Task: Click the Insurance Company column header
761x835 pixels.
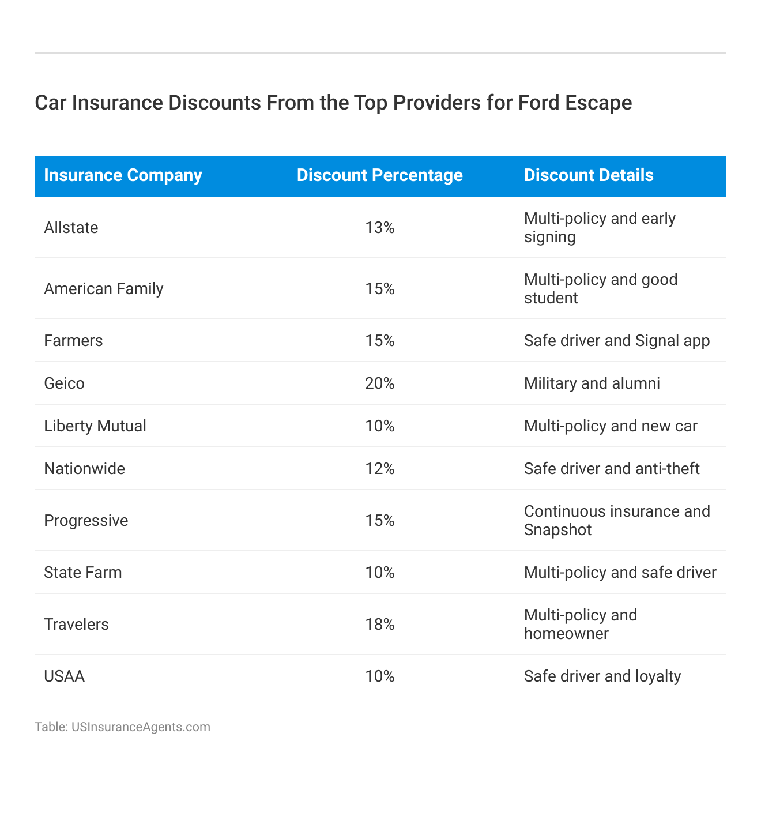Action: pyautogui.click(x=123, y=175)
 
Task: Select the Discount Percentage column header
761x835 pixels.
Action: pyautogui.click(x=379, y=175)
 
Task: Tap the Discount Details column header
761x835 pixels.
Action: pyautogui.click(x=589, y=175)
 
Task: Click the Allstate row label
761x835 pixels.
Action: pyautogui.click(x=71, y=228)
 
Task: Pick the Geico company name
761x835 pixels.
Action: pyautogui.click(x=64, y=383)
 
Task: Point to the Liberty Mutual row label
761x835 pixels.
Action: pyautogui.click(x=95, y=426)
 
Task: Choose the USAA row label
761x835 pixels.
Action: pyautogui.click(x=64, y=676)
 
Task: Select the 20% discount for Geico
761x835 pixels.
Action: pyautogui.click(x=380, y=383)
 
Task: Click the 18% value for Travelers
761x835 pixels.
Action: pyautogui.click(x=380, y=625)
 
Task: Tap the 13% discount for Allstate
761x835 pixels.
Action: pyautogui.click(x=380, y=228)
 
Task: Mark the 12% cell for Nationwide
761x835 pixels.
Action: pyautogui.click(x=380, y=469)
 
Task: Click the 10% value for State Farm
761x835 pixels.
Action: pyautogui.click(x=380, y=573)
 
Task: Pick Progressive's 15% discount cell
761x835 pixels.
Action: pyautogui.click(x=380, y=521)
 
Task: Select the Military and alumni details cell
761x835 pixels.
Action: pyautogui.click(x=592, y=383)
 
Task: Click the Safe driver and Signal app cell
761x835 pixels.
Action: pyautogui.click(x=617, y=341)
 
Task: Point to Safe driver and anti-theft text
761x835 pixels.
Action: pyautogui.click(x=612, y=469)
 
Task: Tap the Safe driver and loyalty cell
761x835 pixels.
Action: pyautogui.click(x=602, y=676)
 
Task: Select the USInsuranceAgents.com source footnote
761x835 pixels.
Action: pyautogui.click(x=122, y=727)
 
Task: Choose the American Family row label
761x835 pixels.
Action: pyautogui.click(x=104, y=289)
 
